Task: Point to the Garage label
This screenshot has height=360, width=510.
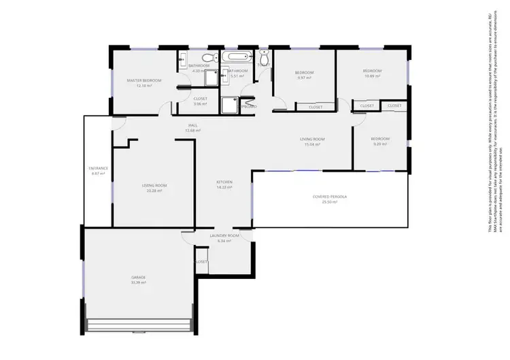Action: (139, 277)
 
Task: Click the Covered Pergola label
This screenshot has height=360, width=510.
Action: (330, 197)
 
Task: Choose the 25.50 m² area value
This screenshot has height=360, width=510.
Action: (330, 203)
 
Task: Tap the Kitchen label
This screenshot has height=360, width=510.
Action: (224, 182)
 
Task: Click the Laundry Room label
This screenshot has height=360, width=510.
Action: (224, 235)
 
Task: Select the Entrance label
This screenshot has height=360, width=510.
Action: (99, 168)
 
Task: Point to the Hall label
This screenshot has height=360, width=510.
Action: (194, 125)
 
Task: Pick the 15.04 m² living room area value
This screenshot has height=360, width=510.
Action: (313, 145)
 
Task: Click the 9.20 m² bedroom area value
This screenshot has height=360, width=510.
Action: (379, 144)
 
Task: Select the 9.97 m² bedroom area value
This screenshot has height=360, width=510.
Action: (304, 78)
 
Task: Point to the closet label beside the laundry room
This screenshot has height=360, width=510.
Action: (201, 262)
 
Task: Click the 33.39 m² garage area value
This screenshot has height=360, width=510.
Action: (139, 282)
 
